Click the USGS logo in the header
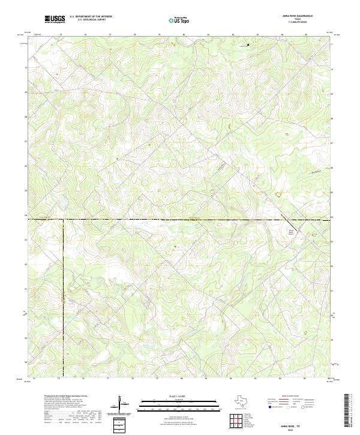pyautogui.click(x=55, y=19)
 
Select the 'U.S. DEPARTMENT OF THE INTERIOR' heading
pyautogui.click(x=91, y=16)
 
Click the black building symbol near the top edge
pyautogui.click(x=248, y=44)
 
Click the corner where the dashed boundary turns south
pyautogui.click(x=63, y=221)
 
